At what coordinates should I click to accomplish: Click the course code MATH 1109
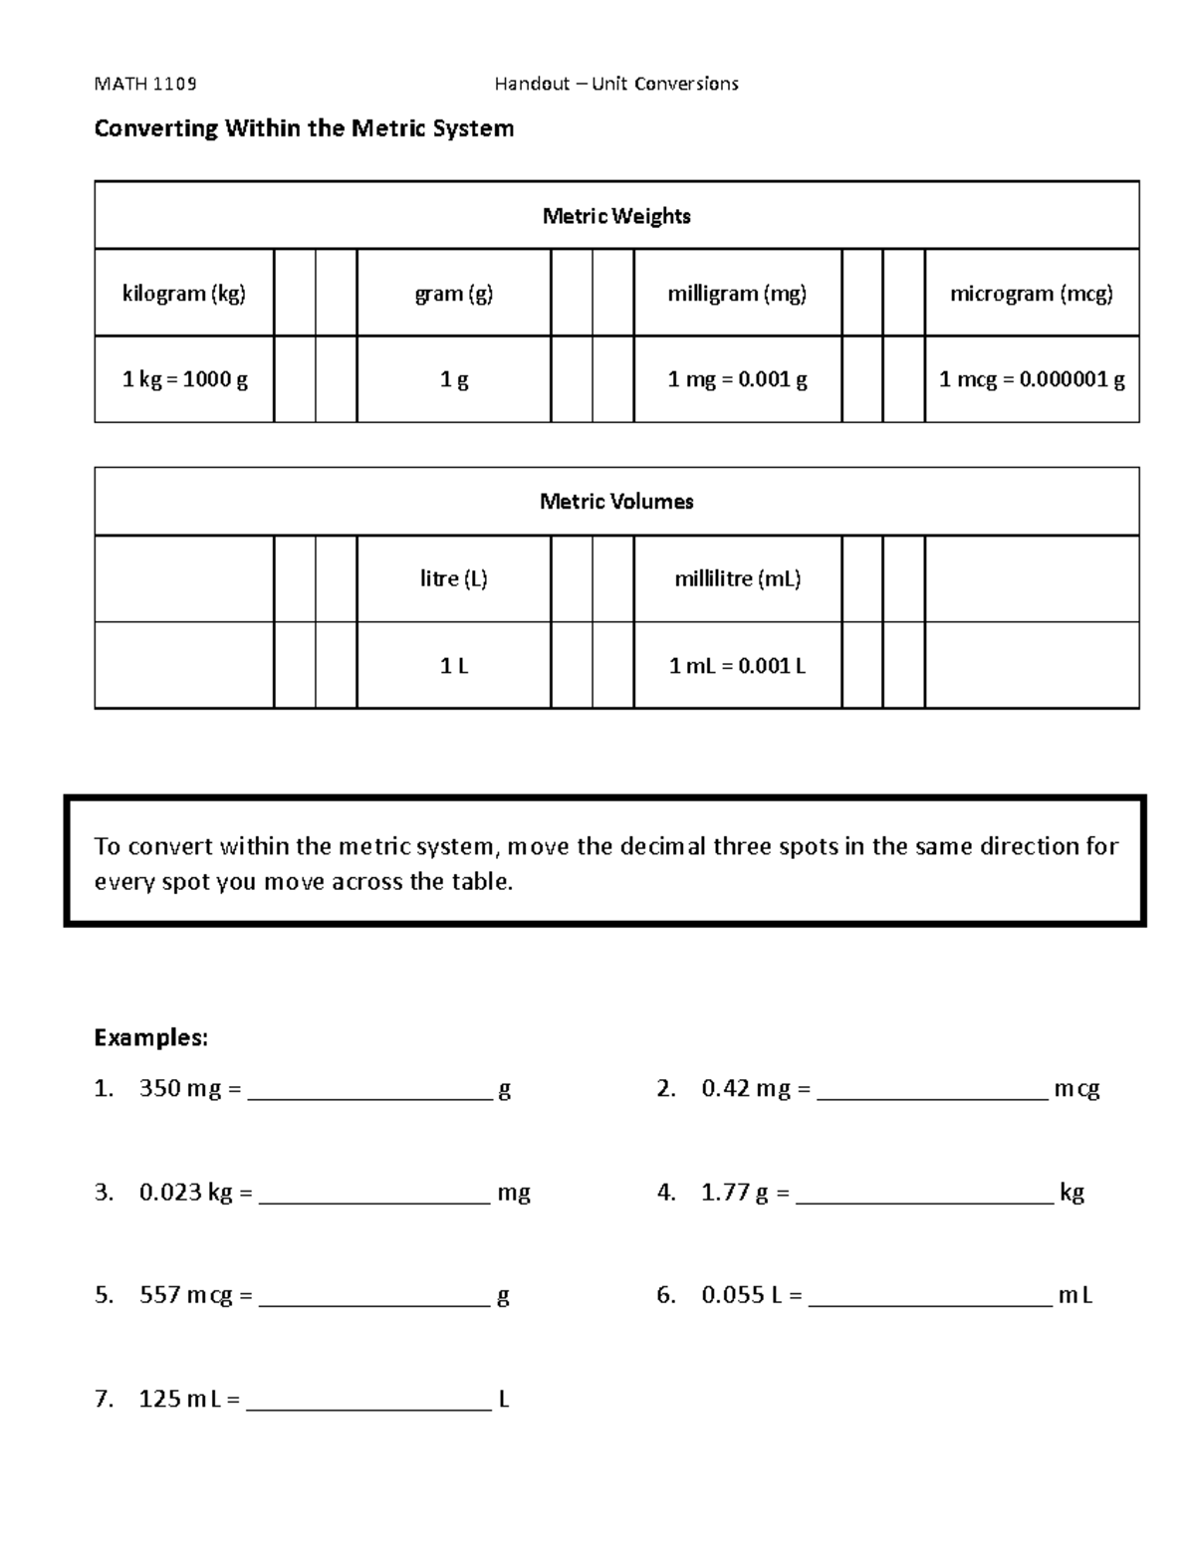pos(144,84)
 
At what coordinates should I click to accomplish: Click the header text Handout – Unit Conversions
pos(616,84)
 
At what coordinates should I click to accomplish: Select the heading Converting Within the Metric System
pos(304,128)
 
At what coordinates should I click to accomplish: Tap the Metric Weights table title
pos(616,216)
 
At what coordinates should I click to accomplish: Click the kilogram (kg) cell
pos(184,294)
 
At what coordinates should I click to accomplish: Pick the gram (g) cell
pos(454,294)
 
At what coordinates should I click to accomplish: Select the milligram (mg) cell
pos(737,294)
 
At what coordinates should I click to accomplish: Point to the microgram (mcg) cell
pos(1032,294)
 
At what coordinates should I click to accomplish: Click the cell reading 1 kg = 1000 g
pos(184,379)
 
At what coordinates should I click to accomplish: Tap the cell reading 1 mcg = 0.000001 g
pos(1032,379)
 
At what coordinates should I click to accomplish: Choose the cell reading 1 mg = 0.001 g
pos(737,379)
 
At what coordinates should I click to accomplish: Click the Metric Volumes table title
pos(616,502)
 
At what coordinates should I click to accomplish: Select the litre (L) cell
pos(454,579)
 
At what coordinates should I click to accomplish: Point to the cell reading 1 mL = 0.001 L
pos(737,666)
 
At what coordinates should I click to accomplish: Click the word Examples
pos(150,1038)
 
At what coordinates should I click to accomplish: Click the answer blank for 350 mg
pos(369,1091)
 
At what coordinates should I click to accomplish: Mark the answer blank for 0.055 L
pos(930,1296)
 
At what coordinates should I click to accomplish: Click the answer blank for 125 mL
pos(368,1401)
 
